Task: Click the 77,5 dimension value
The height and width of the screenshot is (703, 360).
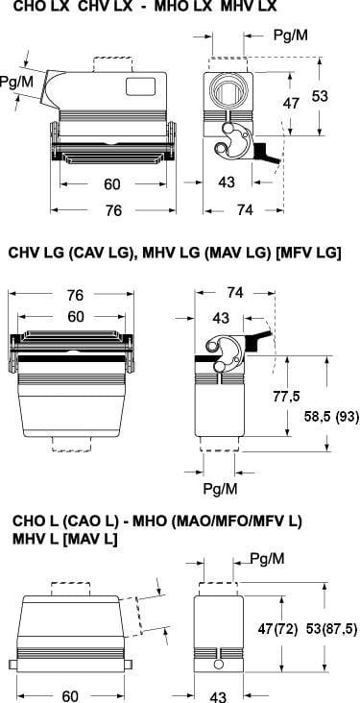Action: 287,397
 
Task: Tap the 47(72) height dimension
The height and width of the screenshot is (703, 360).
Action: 278,629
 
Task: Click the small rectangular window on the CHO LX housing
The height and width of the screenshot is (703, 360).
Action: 140,86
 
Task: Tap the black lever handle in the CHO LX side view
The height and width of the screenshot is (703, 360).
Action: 266,154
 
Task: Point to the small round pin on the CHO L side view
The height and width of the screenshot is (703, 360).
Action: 219,664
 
